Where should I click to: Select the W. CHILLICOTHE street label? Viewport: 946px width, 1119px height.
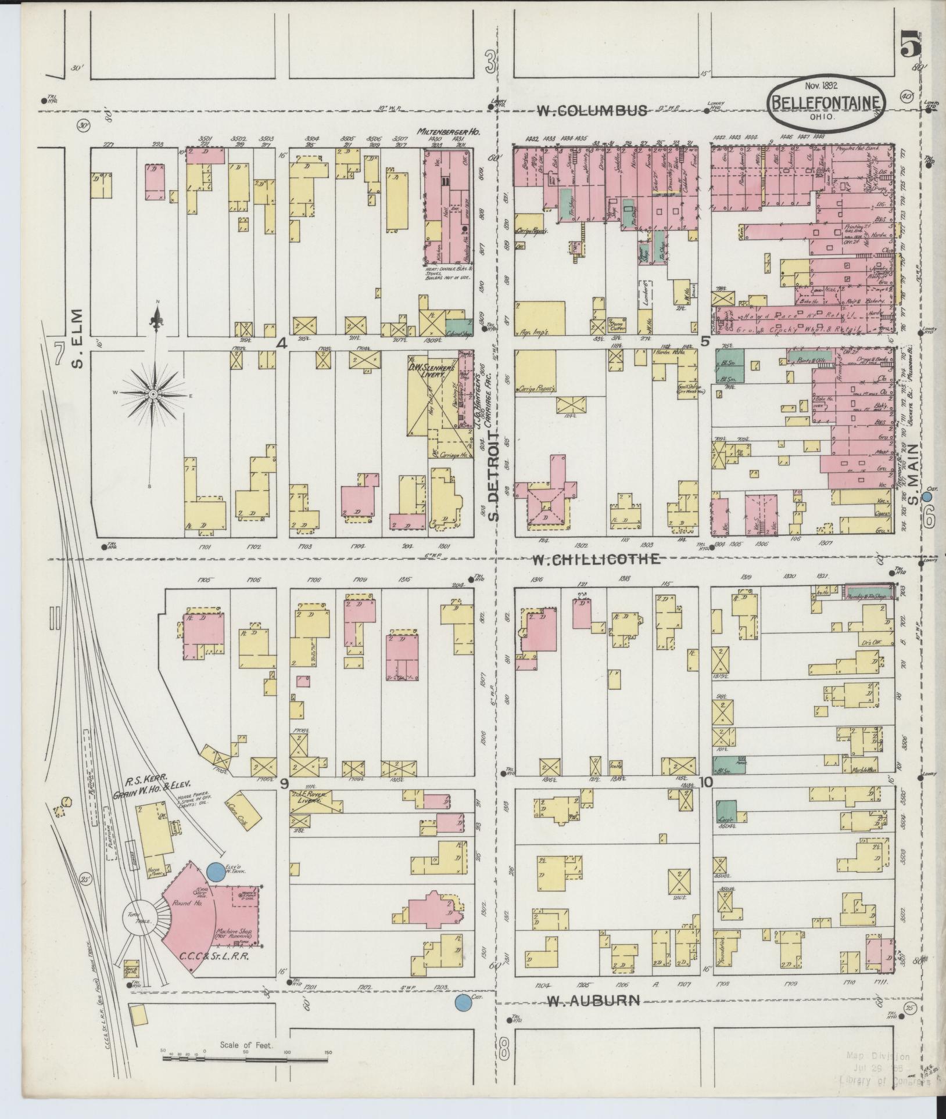click(x=597, y=559)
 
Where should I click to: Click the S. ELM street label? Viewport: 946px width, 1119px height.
click(x=78, y=340)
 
